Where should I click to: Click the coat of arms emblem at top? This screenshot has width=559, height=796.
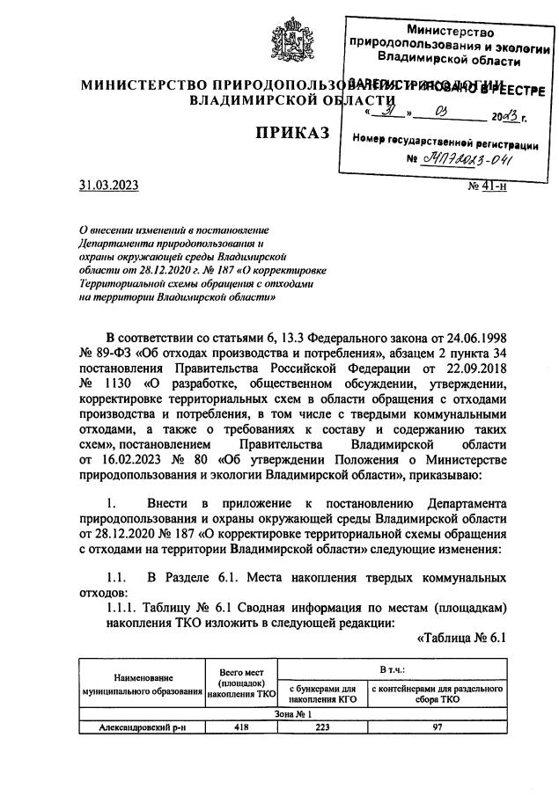click(x=279, y=34)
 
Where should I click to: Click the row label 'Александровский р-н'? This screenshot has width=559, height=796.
click(x=140, y=727)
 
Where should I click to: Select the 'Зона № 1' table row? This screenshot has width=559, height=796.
click(x=291, y=713)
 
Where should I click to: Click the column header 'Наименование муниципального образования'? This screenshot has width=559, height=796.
click(x=140, y=684)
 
